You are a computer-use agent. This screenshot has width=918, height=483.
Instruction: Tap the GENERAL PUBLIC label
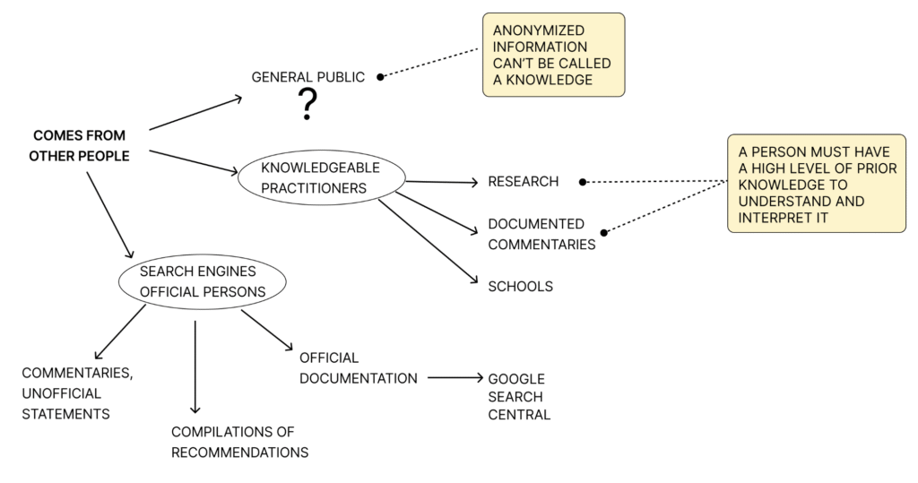click(308, 77)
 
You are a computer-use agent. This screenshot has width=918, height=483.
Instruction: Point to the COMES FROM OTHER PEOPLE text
click(79, 146)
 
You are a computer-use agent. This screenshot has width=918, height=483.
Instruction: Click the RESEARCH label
click(524, 182)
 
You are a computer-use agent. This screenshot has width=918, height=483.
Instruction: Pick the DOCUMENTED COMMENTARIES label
click(541, 234)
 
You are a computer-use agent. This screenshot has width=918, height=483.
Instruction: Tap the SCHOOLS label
click(521, 286)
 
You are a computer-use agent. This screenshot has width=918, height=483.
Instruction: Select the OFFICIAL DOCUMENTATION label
click(359, 368)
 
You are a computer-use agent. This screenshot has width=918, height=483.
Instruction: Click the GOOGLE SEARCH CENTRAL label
click(519, 397)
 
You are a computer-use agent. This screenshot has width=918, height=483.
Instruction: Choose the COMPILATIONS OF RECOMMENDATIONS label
click(239, 442)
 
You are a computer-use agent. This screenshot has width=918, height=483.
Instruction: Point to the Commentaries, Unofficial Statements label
click(77, 393)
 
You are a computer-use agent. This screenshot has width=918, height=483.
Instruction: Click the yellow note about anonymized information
click(553, 55)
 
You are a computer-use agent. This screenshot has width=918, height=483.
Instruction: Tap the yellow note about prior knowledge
click(817, 183)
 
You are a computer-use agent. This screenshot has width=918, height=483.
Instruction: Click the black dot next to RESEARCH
click(583, 182)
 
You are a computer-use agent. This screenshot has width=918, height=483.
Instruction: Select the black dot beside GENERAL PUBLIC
click(380, 77)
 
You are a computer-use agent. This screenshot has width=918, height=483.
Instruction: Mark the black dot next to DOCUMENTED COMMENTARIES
click(604, 232)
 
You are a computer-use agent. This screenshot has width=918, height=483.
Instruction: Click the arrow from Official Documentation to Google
click(455, 377)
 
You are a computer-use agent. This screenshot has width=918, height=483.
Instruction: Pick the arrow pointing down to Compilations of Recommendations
click(195, 367)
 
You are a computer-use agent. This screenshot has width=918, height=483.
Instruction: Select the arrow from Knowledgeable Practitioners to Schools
click(428, 241)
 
